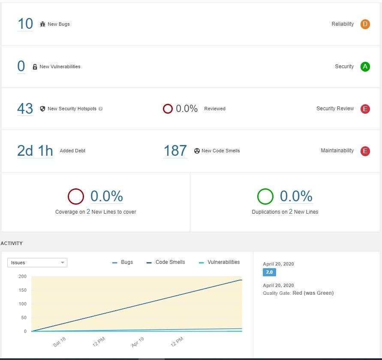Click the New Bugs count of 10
point(25,24)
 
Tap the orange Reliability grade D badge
point(365,24)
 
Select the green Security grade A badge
point(365,67)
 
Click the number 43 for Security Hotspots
point(25,109)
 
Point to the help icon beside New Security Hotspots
point(100,109)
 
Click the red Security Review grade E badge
point(365,109)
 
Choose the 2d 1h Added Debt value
point(35,151)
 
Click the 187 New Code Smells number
point(175,151)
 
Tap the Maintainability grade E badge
point(365,151)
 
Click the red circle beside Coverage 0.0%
point(76,197)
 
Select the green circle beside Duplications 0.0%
point(265,197)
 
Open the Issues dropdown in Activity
point(37,263)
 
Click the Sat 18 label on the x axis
point(59,342)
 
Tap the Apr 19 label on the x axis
point(138,342)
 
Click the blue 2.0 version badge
point(269,272)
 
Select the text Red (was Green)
point(313,293)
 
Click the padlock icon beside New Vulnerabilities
point(35,67)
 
